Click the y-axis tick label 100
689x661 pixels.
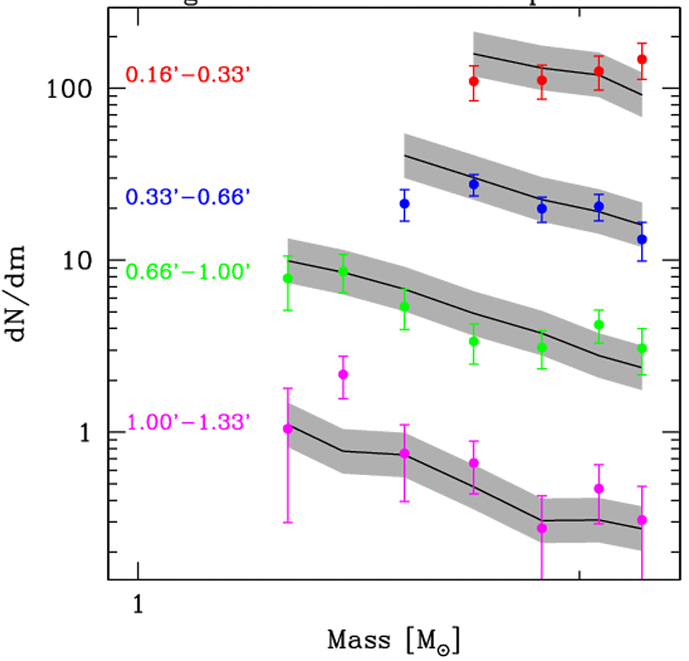click(x=73, y=89)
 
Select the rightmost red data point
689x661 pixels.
click(x=642, y=59)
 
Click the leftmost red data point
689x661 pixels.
click(x=474, y=81)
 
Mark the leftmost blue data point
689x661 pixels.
click(x=404, y=204)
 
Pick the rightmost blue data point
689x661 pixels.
click(x=642, y=240)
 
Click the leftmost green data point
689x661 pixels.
click(x=287, y=278)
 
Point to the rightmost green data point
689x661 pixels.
click(x=642, y=348)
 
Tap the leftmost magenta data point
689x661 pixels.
click(x=287, y=429)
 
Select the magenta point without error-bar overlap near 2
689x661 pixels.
click(x=343, y=374)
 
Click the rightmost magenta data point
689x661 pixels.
click(x=642, y=520)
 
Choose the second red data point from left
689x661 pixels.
click(x=542, y=80)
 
